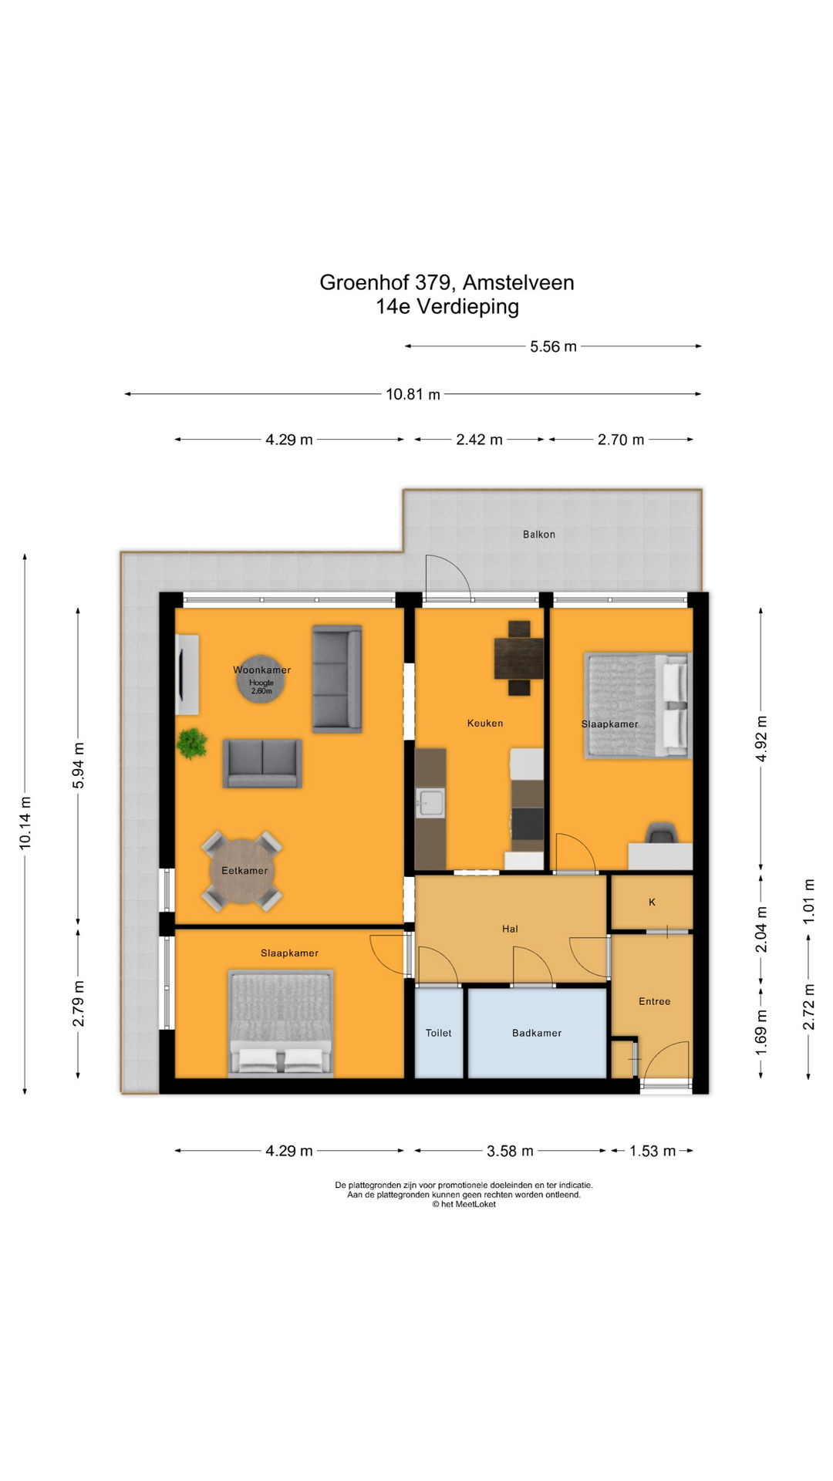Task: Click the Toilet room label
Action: tap(438, 1033)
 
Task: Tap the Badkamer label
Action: tap(537, 1033)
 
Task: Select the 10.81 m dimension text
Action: tap(413, 394)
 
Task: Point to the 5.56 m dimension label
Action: tap(553, 346)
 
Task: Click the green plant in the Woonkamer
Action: tap(191, 744)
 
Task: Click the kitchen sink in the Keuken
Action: tap(430, 803)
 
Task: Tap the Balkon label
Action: tap(538, 534)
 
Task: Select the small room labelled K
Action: tap(652, 902)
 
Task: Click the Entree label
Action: tap(654, 1001)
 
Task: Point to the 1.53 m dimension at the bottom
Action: tap(652, 1151)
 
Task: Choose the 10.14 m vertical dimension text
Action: tap(25, 823)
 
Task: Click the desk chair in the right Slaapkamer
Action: tap(661, 833)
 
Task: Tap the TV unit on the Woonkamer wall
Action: tap(187, 674)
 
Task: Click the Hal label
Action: tap(510, 929)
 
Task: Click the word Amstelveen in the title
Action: tap(518, 282)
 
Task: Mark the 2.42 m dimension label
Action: tap(479, 440)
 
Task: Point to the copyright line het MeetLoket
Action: tap(464, 1204)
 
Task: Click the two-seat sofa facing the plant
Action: tap(262, 763)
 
